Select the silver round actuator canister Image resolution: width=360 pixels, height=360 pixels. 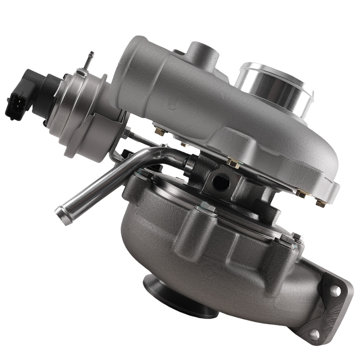click(77, 108)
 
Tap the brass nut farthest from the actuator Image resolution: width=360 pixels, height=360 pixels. click(320, 203)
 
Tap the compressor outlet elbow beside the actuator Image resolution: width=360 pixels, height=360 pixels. click(133, 72)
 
